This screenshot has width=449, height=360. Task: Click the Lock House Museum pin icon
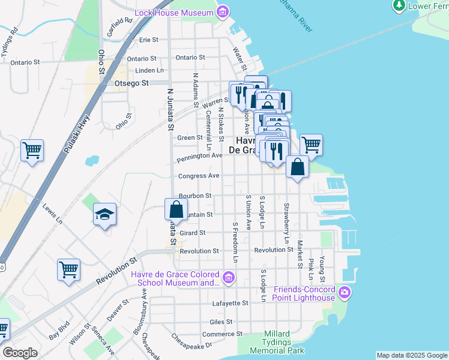223,12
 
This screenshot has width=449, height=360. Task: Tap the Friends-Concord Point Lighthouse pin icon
344,293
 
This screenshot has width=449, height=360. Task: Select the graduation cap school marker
105,215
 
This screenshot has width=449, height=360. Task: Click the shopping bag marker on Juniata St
176,209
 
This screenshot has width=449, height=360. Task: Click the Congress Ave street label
199,176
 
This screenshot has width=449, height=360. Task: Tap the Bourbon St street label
195,196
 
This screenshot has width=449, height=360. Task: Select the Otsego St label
131,83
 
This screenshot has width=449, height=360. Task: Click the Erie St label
148,40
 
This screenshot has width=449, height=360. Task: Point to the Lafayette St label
230,304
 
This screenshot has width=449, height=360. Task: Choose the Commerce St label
222,334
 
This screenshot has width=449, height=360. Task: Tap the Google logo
20,353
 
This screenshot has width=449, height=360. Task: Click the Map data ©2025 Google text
412,355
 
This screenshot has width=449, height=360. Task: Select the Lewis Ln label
52,214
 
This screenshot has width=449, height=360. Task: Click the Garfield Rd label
120,28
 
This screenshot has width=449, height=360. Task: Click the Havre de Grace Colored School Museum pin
228,277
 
